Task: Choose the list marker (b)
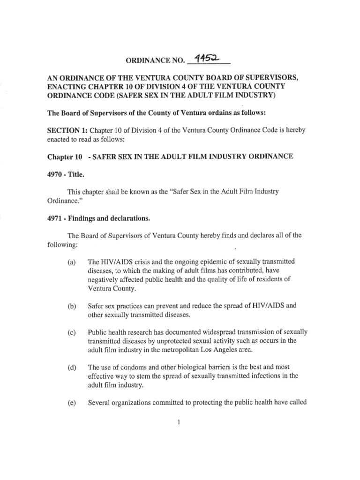[x=71, y=307]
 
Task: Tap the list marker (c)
[x=71, y=333]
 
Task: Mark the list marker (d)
[x=71, y=367]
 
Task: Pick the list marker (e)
[x=71, y=402]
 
